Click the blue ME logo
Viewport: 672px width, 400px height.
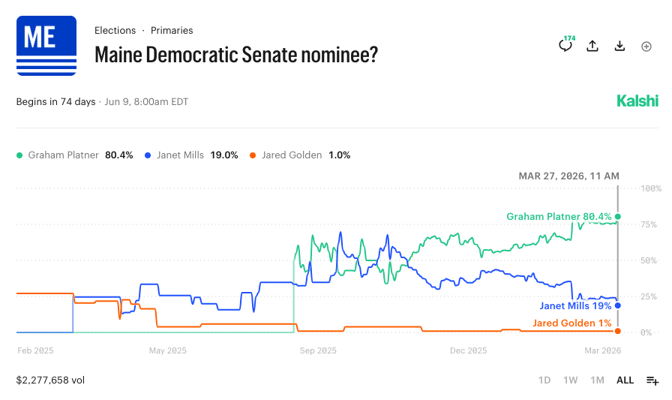coord(46,46)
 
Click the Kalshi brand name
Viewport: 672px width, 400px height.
coord(637,101)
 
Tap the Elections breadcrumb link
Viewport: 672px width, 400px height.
coord(115,31)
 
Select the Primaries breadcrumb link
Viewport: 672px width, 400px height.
coord(172,31)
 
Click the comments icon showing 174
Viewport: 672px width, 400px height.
coord(565,46)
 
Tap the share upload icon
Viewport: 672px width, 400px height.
coord(592,46)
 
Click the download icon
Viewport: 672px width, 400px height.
coord(619,46)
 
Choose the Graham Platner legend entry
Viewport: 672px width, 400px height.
coord(74,155)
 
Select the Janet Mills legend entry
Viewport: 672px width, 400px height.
coord(191,155)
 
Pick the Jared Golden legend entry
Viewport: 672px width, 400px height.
coord(300,155)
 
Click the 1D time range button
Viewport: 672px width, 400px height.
coord(544,380)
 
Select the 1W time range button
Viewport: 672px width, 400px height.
coord(571,380)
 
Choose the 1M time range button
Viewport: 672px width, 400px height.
coord(597,380)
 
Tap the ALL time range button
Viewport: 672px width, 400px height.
coord(625,380)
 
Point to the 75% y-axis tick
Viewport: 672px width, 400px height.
coord(649,224)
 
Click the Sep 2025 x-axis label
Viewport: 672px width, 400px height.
coord(318,350)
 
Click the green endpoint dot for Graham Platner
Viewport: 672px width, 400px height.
coord(618,217)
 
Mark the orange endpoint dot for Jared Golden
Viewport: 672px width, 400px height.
coord(618,331)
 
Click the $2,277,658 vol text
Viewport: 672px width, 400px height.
coord(50,380)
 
